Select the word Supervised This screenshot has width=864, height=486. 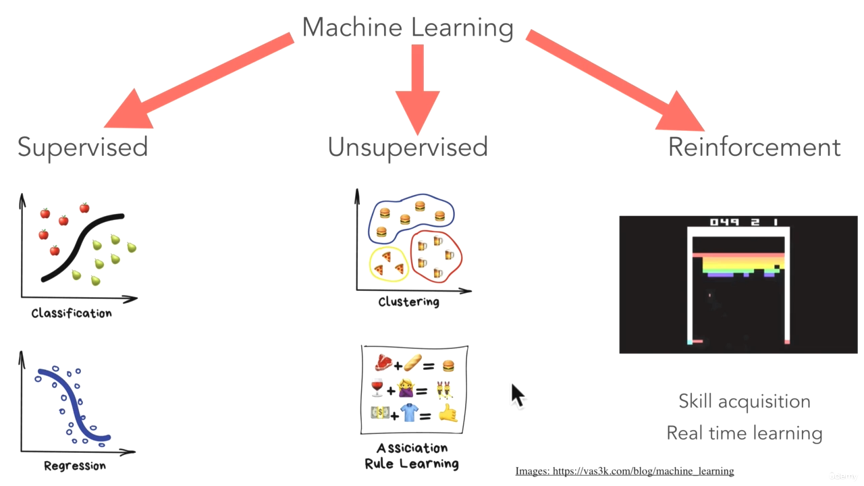click(x=82, y=146)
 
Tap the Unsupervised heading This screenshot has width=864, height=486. click(x=408, y=146)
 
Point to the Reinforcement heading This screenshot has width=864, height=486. click(x=754, y=146)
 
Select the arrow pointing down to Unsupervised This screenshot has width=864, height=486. click(x=417, y=88)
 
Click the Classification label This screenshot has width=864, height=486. click(x=72, y=313)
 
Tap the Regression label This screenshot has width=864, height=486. click(x=74, y=466)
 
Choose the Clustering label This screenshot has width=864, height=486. click(x=408, y=302)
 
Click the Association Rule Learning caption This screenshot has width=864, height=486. click(x=412, y=456)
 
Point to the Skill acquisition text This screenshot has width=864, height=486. click(x=744, y=401)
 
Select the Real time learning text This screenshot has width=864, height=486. click(x=744, y=433)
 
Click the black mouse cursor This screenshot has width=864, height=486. click(x=517, y=395)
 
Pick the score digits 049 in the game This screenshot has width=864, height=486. click(x=724, y=222)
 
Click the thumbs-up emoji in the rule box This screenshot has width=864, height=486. click(x=448, y=413)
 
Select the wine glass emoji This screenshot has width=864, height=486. click(x=377, y=389)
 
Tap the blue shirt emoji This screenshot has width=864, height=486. click(x=410, y=412)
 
